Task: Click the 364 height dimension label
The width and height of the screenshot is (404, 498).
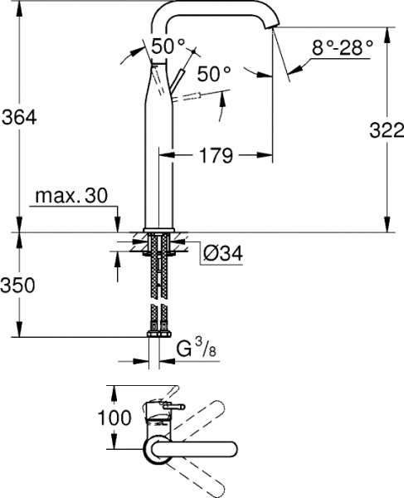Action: [19, 118]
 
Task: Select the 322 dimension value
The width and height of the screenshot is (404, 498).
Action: [383, 128]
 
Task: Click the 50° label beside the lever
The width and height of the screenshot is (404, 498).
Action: [215, 74]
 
